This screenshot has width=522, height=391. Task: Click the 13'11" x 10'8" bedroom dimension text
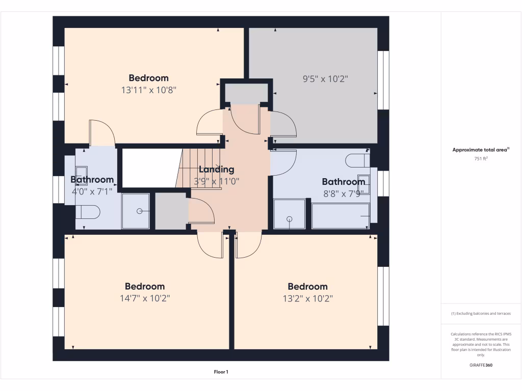(148, 90)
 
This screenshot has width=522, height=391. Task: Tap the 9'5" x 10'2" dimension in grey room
(325, 79)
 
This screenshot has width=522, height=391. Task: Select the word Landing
(217, 170)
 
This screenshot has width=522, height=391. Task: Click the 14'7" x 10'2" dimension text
(145, 298)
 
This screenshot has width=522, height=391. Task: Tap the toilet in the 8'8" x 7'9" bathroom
(357, 161)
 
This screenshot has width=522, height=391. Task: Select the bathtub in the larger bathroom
(340, 216)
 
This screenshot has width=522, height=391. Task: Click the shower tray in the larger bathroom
(290, 214)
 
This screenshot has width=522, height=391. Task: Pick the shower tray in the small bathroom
(135, 211)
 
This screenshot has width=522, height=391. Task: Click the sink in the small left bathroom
(82, 173)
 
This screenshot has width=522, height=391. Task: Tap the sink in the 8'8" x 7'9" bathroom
(364, 184)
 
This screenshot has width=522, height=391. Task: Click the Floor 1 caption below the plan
(221, 372)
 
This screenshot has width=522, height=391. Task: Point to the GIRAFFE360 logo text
(481, 365)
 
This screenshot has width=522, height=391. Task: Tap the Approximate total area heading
(480, 150)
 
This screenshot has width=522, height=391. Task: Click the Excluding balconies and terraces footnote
(481, 314)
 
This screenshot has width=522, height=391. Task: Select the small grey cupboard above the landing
(247, 92)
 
